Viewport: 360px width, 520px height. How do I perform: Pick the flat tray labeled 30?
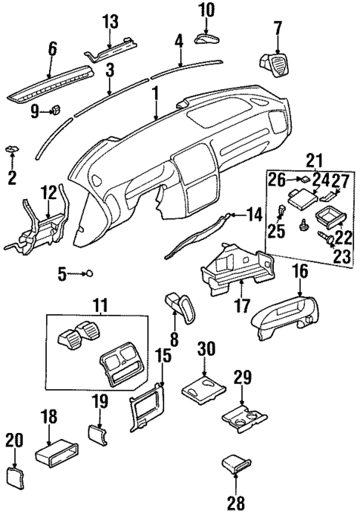(x=203, y=388)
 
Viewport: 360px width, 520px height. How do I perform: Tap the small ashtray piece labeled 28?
(x=238, y=468)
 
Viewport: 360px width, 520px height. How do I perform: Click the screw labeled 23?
(x=324, y=240)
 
